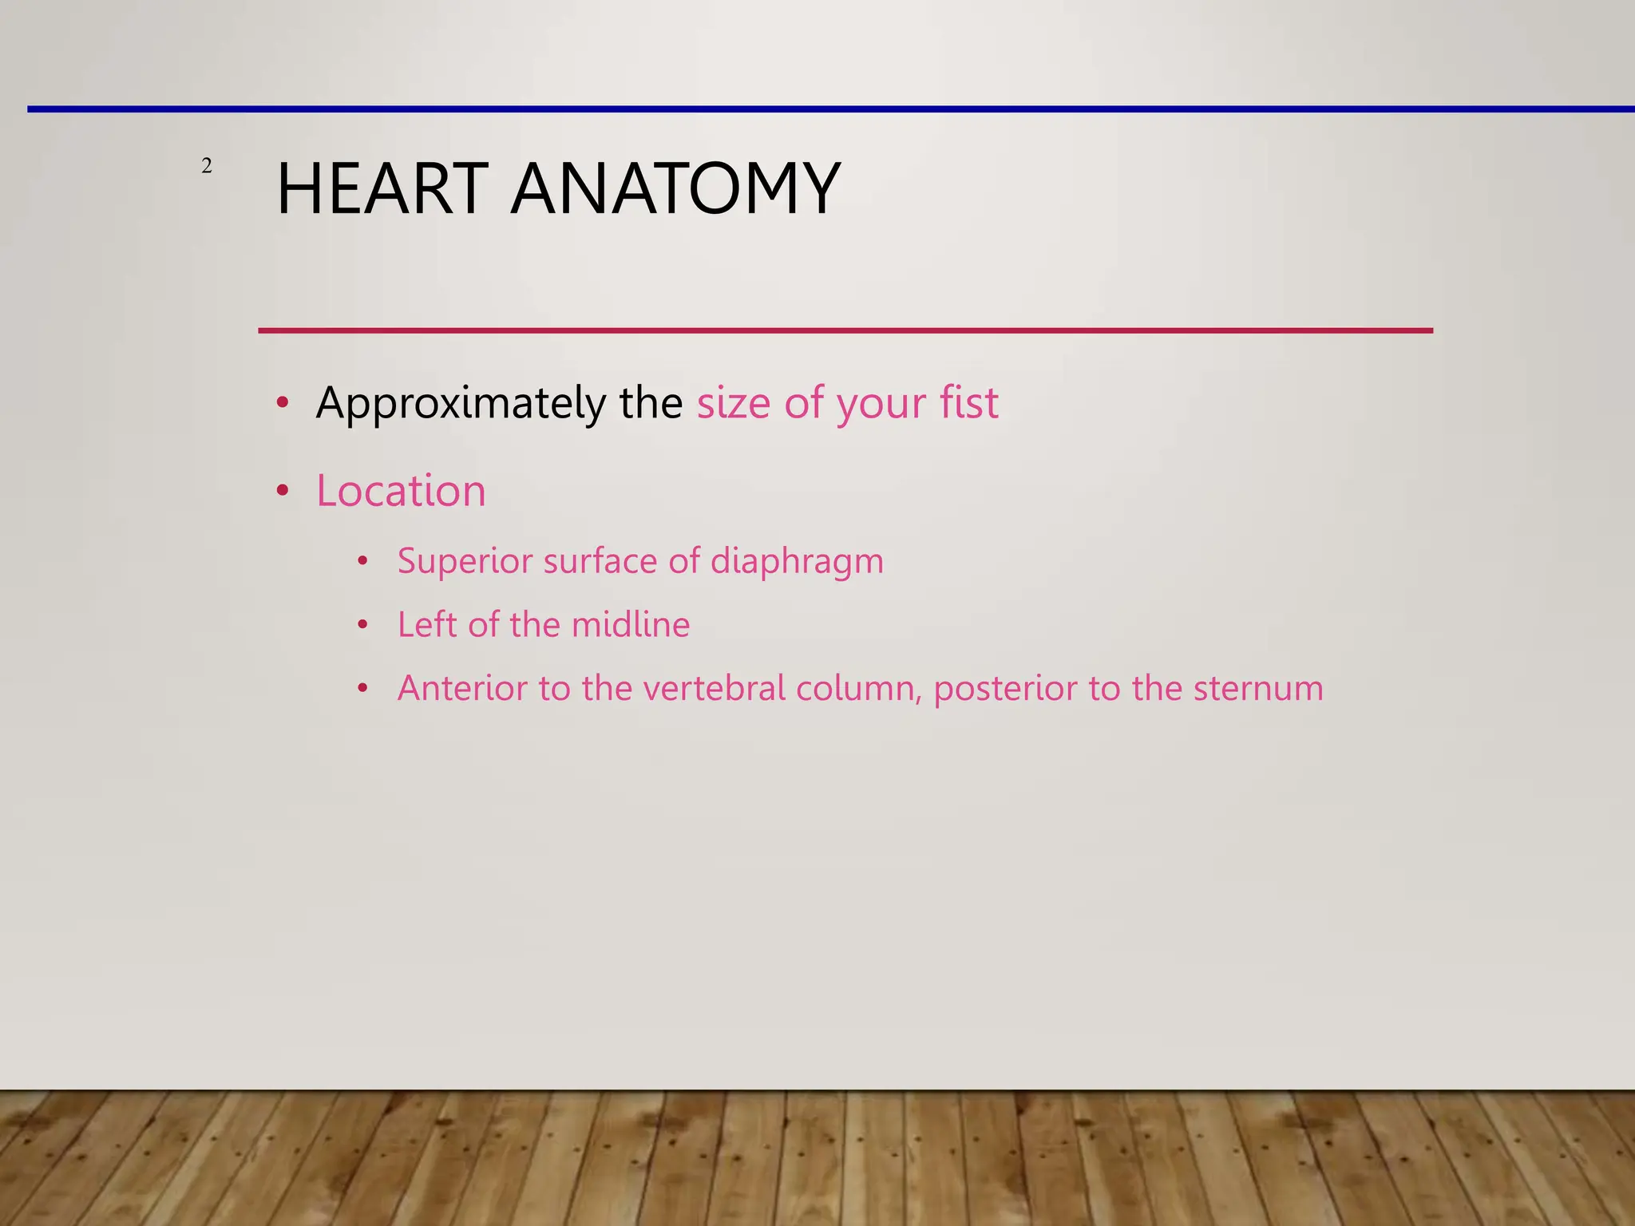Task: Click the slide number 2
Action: [207, 166]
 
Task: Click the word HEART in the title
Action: [382, 189]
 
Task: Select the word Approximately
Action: [460, 404]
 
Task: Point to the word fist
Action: [968, 402]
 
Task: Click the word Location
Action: [401, 490]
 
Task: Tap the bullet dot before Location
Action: [282, 491]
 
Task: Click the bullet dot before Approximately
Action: [282, 403]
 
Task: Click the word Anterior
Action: [462, 688]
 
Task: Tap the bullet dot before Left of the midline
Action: [362, 625]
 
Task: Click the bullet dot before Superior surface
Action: [362, 561]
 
